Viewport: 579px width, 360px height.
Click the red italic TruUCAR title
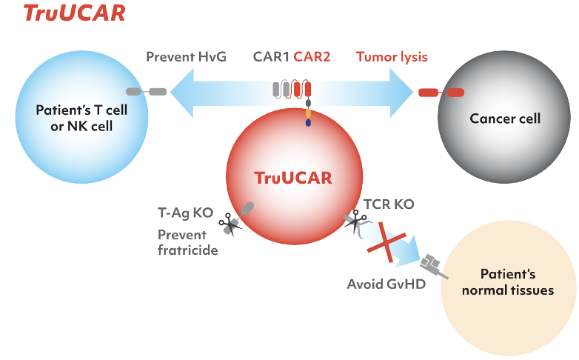(74, 13)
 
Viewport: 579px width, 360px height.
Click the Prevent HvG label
(186, 57)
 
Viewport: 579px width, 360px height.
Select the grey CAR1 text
(271, 57)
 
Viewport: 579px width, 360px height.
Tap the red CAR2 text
(312, 57)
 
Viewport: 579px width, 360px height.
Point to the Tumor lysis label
(392, 57)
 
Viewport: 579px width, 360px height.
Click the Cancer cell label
(505, 119)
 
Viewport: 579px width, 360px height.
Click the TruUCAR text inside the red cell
(293, 178)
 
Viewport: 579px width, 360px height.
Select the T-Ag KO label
(185, 213)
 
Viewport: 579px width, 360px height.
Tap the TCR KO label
(389, 204)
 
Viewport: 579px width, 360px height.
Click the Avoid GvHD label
(386, 284)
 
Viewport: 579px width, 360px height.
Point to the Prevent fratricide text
(187, 242)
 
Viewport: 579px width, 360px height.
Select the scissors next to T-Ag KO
(230, 224)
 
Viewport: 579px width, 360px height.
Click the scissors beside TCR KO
(355, 221)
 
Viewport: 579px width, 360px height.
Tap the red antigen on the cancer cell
(441, 93)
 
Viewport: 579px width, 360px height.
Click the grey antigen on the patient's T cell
(146, 92)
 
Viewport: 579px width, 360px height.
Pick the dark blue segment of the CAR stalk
(308, 122)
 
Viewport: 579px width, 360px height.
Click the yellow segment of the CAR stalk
(308, 113)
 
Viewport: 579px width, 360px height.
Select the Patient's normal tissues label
(508, 282)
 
